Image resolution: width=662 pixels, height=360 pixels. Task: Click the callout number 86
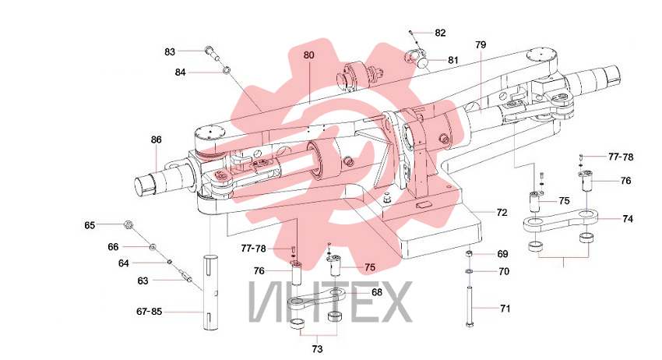pyautogui.click(x=157, y=139)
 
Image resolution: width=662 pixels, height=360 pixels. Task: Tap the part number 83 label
pyautogui.click(x=170, y=52)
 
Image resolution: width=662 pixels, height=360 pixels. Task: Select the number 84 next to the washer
pyautogui.click(x=180, y=72)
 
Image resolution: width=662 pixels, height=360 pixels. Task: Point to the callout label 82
pyautogui.click(x=440, y=33)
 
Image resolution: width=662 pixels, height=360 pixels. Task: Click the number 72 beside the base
pyautogui.click(x=502, y=213)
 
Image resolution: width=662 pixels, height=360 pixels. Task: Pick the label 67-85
pyautogui.click(x=149, y=312)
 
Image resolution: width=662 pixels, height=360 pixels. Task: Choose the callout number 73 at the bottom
pyautogui.click(x=317, y=349)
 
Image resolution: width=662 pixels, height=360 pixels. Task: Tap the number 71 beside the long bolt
pyautogui.click(x=505, y=309)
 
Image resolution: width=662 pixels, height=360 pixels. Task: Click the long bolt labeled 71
pyautogui.click(x=470, y=306)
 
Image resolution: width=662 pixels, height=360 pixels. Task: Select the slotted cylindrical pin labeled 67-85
pyautogui.click(x=210, y=292)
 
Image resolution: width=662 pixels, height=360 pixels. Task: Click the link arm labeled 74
pyautogui.click(x=561, y=220)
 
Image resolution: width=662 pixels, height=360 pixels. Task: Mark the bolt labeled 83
pyautogui.click(x=213, y=52)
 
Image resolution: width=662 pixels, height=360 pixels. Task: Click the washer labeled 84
pyautogui.click(x=227, y=69)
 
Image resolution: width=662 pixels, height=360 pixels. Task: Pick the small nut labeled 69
pyautogui.click(x=469, y=253)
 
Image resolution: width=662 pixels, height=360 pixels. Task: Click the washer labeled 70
pyautogui.click(x=469, y=271)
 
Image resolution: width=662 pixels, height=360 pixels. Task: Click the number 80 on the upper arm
pyautogui.click(x=308, y=55)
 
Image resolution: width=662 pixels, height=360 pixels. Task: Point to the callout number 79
pyautogui.click(x=481, y=44)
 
